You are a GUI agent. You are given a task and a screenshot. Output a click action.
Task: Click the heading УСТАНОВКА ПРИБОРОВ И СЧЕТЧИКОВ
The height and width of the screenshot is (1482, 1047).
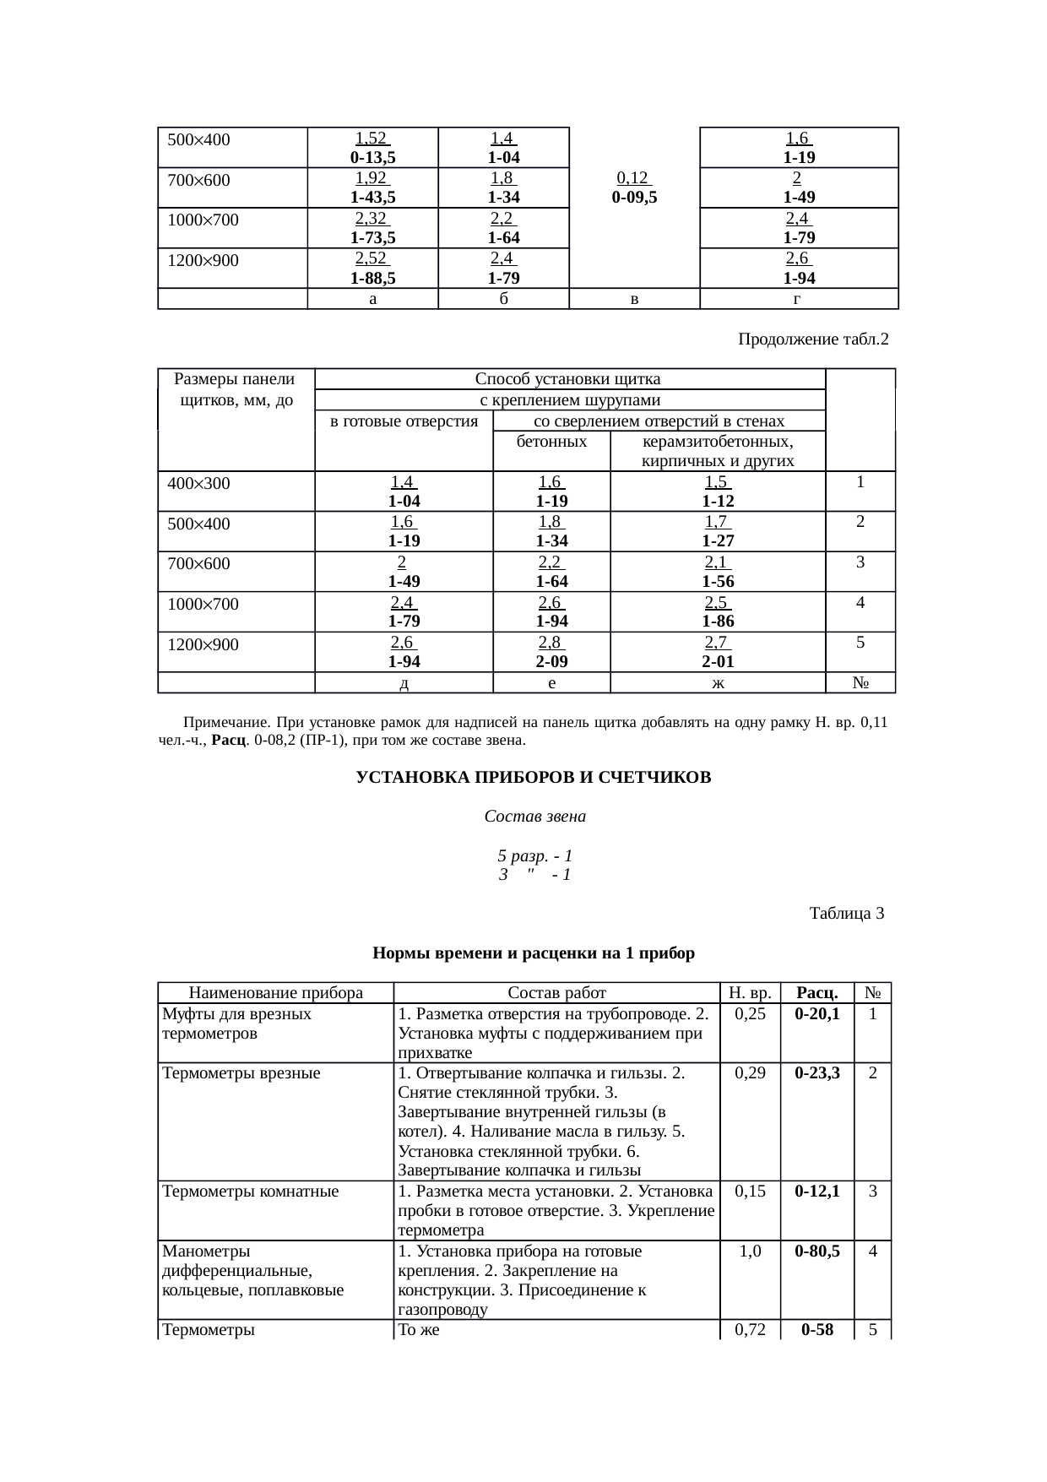tap(534, 777)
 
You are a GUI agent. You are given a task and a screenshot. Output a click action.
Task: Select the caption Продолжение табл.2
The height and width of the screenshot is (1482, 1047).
tap(813, 339)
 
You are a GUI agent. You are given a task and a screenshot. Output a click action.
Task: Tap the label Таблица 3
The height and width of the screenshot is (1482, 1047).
tap(846, 913)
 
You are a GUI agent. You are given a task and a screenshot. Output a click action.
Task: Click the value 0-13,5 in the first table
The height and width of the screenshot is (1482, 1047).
tap(372, 157)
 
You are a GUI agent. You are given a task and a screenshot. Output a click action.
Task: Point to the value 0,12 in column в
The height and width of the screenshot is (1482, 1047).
tap(633, 177)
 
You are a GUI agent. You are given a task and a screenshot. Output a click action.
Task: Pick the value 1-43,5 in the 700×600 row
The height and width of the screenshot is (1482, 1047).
tap(372, 198)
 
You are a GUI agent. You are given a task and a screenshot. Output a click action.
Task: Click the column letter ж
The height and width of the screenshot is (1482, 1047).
tap(718, 682)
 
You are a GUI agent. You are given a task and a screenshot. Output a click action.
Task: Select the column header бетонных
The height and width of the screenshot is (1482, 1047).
tap(551, 442)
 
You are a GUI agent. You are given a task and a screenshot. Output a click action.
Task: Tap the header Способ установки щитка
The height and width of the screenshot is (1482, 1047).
tap(567, 378)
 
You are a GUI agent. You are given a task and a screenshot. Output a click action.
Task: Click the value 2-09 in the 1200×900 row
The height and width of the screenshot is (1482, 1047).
tap(551, 661)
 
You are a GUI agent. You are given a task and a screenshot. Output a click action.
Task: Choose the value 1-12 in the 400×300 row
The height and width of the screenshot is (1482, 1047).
tap(718, 501)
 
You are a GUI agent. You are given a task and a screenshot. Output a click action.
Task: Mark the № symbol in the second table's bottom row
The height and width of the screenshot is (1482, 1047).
tap(860, 682)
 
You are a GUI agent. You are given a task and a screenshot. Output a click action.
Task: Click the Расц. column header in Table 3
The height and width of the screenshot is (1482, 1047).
tap(817, 992)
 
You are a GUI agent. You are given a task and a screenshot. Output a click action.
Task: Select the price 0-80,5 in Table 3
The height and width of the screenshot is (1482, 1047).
tap(817, 1251)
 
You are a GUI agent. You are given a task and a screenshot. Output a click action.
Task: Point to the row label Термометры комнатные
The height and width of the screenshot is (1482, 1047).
tap(250, 1192)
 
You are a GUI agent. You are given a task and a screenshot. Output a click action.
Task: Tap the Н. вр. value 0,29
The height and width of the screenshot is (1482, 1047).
tap(750, 1072)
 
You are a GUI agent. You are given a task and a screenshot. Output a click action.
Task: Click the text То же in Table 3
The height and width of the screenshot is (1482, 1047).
tap(418, 1330)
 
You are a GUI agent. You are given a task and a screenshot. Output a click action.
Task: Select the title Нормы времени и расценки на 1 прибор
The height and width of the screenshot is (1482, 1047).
tap(534, 953)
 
